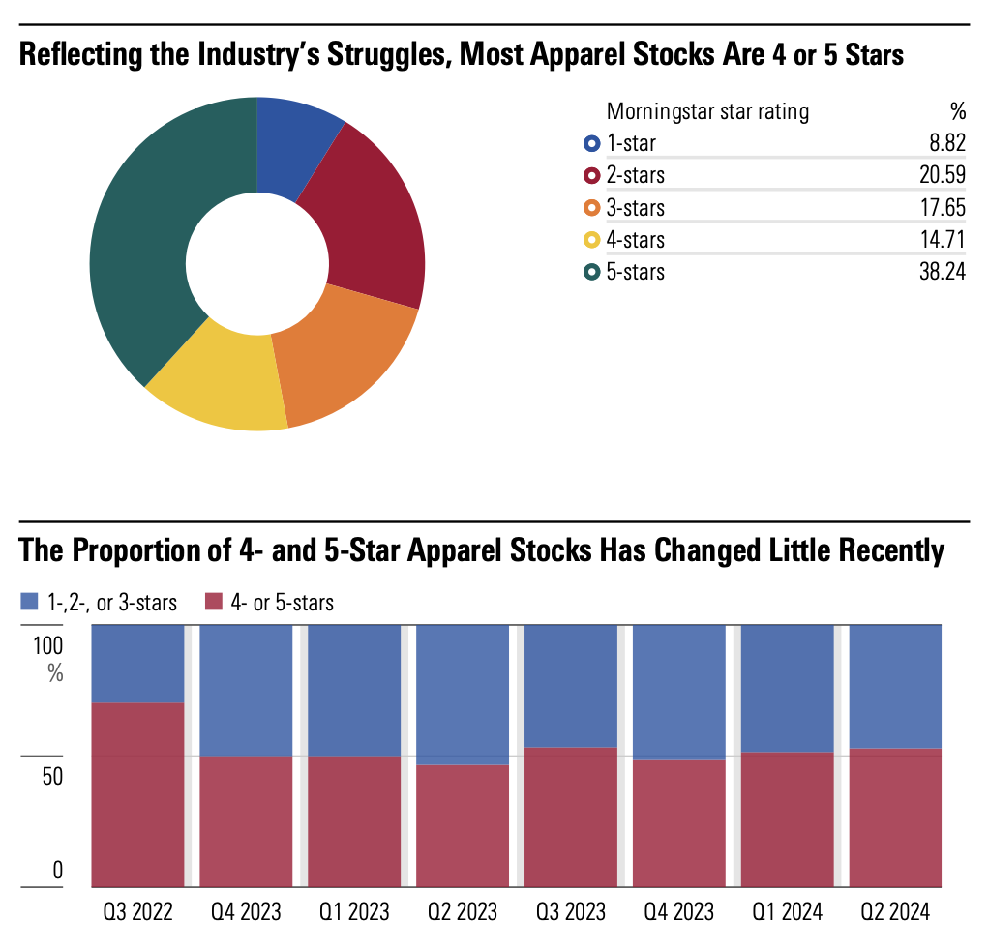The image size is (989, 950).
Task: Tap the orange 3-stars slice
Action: [339, 358]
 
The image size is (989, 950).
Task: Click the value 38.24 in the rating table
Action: [942, 272]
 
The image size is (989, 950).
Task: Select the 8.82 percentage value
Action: [946, 144]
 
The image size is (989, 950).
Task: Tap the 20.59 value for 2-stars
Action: [942, 176]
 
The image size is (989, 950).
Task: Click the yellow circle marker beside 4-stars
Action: [591, 240]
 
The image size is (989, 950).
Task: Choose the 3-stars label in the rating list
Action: [635, 208]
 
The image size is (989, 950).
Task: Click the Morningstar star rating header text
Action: [707, 111]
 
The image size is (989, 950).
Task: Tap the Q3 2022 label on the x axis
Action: [137, 912]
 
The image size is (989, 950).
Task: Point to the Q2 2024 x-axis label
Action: [895, 912]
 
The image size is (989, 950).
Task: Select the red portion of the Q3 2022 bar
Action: [137, 793]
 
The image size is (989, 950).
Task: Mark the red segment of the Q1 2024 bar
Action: [787, 818]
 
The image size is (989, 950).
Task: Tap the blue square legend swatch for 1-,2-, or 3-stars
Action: [30, 603]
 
